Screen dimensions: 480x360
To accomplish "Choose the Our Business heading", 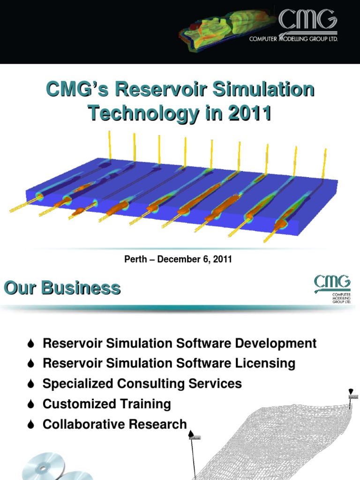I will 62,288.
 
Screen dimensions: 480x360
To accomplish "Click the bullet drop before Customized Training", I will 31,404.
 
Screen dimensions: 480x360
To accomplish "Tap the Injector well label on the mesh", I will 353,397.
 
